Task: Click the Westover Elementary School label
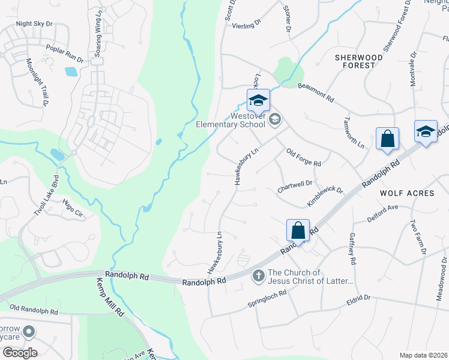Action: [231, 120]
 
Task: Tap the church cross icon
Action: [258, 276]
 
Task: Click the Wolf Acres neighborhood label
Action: [407, 193]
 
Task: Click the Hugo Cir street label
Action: [72, 208]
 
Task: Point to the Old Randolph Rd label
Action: [34, 310]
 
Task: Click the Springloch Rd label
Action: [267, 297]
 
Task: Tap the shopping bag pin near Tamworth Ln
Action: [388, 139]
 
